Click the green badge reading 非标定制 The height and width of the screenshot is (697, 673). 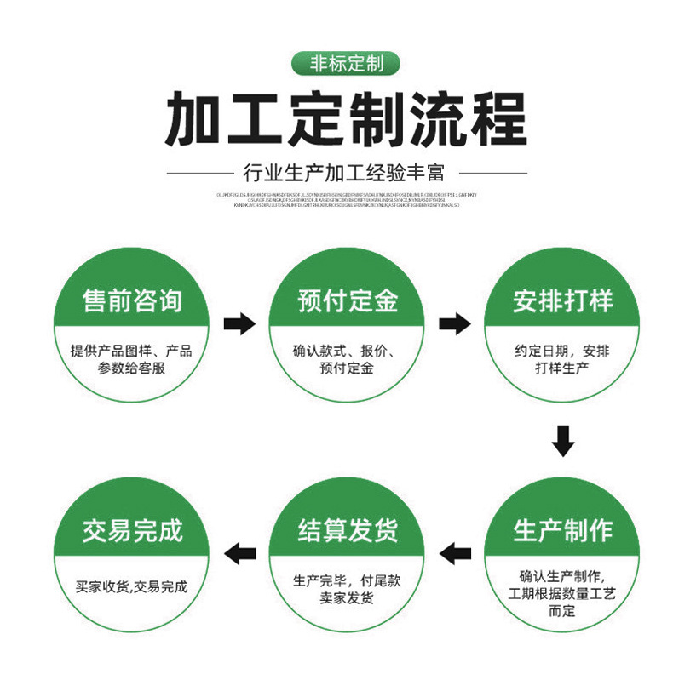345,64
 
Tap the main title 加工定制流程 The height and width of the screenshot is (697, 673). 345,119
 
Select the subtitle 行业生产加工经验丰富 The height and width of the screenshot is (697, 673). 345,173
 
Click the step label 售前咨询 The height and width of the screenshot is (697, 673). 132,300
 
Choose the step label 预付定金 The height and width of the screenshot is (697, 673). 348,300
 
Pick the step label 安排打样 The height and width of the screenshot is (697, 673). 562,300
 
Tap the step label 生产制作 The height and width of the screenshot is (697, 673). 562,530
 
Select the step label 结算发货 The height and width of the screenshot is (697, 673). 348,530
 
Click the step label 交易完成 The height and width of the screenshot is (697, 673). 132,530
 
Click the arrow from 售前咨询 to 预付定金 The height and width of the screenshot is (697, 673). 239,324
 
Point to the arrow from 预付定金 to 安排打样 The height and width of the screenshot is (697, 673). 455,324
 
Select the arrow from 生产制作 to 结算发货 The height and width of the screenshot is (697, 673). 455,554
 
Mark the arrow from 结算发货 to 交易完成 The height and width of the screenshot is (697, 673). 239,554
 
